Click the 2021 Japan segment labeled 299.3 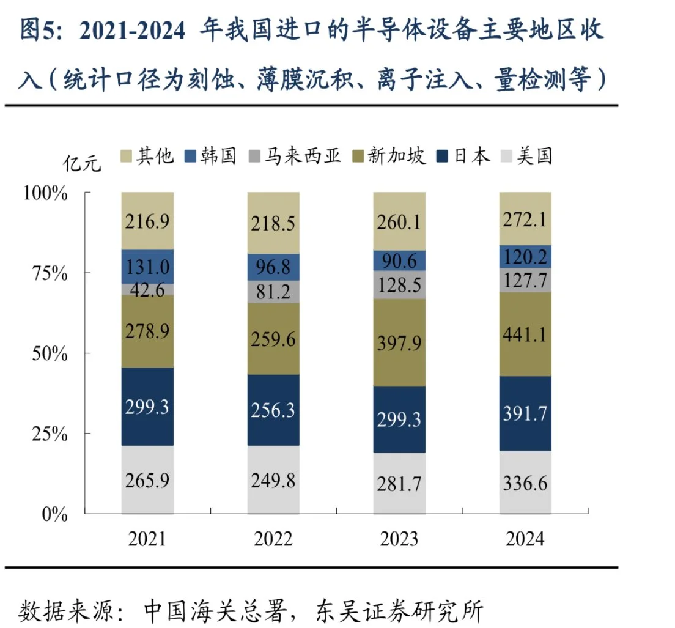coord(147,407)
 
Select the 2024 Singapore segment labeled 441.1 coord(525,334)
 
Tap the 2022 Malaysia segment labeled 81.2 coord(273,292)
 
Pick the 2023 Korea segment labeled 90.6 coord(399,260)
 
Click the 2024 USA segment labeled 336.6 coord(525,482)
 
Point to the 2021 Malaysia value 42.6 coord(147,289)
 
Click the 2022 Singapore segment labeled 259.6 coord(273,339)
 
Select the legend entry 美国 coord(534,156)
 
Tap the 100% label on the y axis coord(45,193)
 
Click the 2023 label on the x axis coord(399,539)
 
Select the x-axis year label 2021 coord(147,539)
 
